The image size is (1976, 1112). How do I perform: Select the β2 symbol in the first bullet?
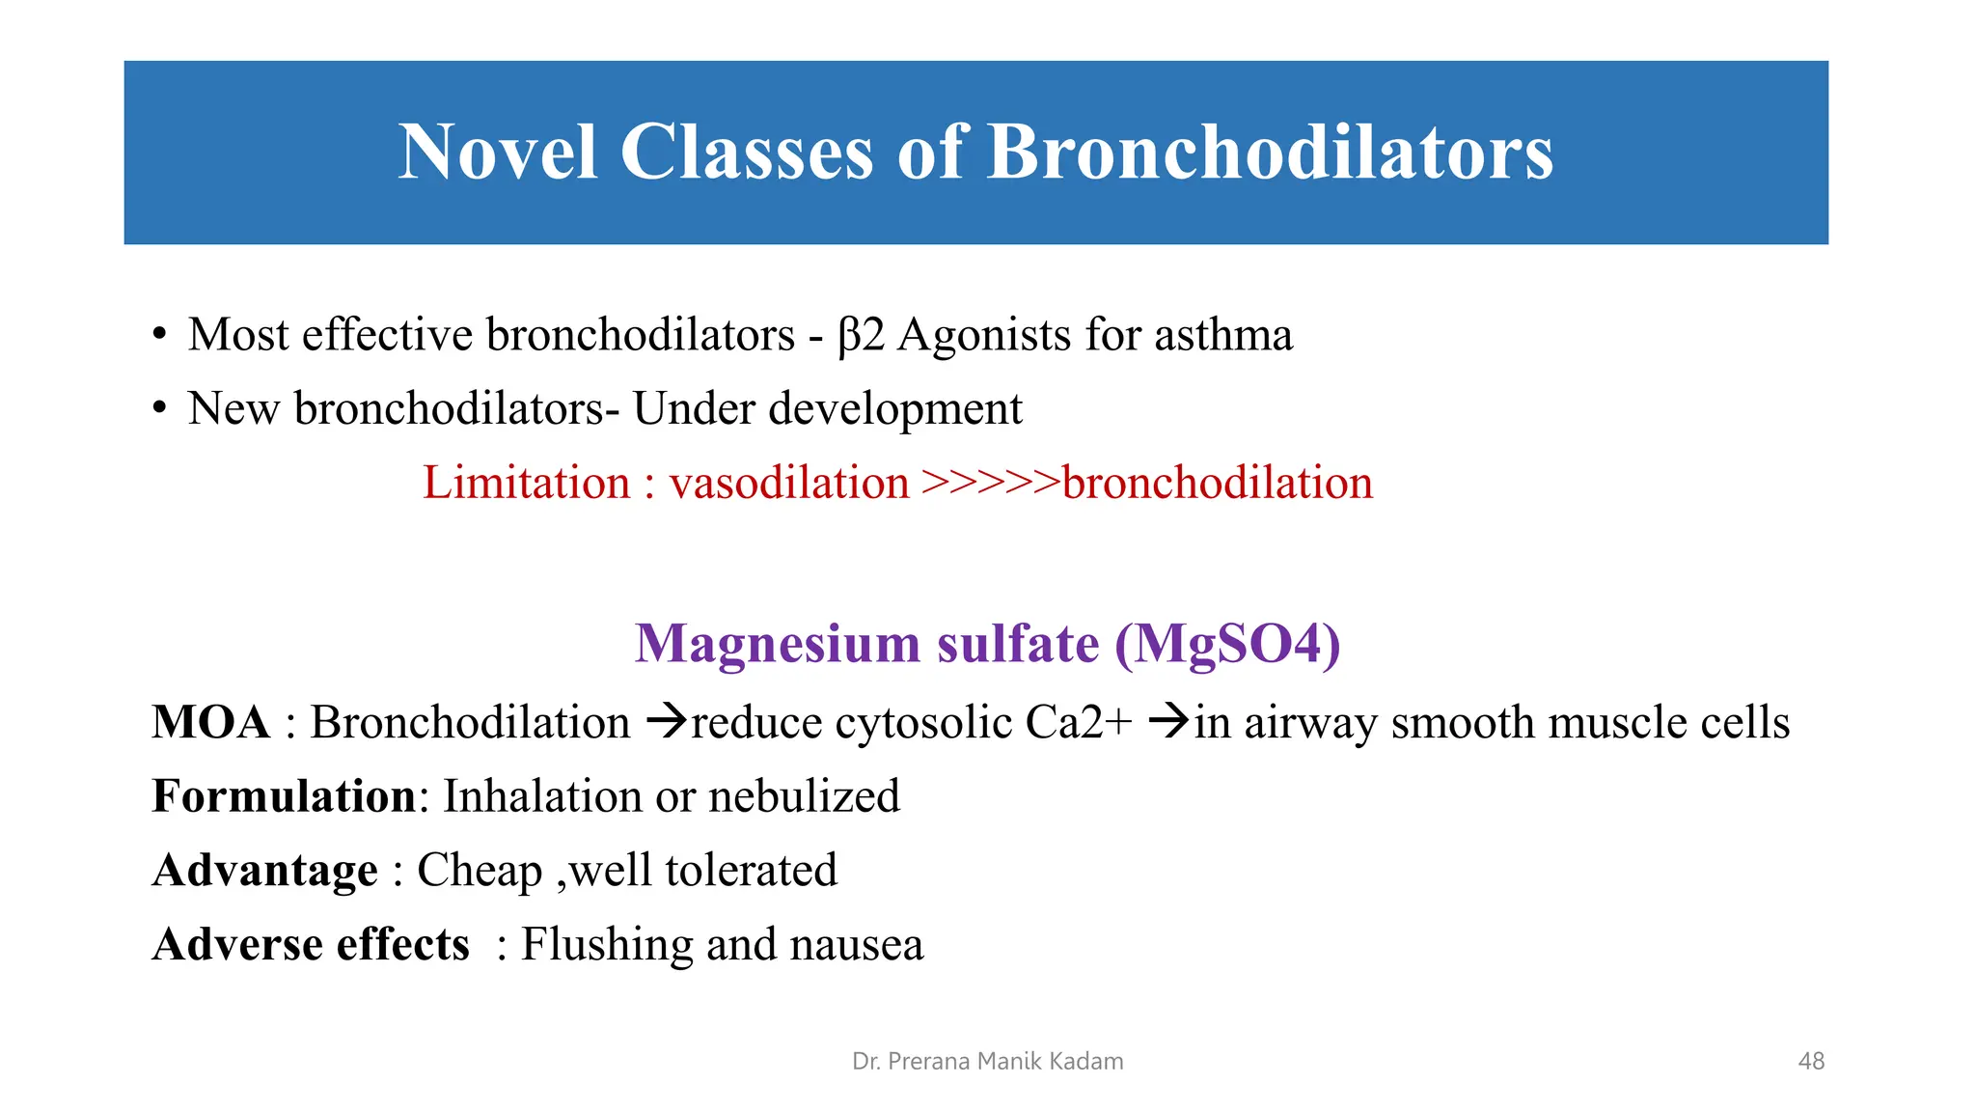(861, 336)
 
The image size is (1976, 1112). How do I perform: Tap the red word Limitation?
(527, 483)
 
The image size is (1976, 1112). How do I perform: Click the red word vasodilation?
(789, 483)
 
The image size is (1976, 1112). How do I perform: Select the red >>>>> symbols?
(990, 483)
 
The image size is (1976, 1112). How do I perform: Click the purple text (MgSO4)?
(1227, 644)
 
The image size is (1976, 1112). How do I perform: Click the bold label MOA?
(210, 723)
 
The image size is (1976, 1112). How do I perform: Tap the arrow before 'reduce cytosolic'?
(666, 721)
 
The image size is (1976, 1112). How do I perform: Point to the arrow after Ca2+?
(1168, 721)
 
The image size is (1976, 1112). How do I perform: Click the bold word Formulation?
(284, 796)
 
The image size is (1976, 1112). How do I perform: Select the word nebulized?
(804, 796)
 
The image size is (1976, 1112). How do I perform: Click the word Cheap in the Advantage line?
(480, 871)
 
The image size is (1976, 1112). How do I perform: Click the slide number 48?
(1811, 1062)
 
